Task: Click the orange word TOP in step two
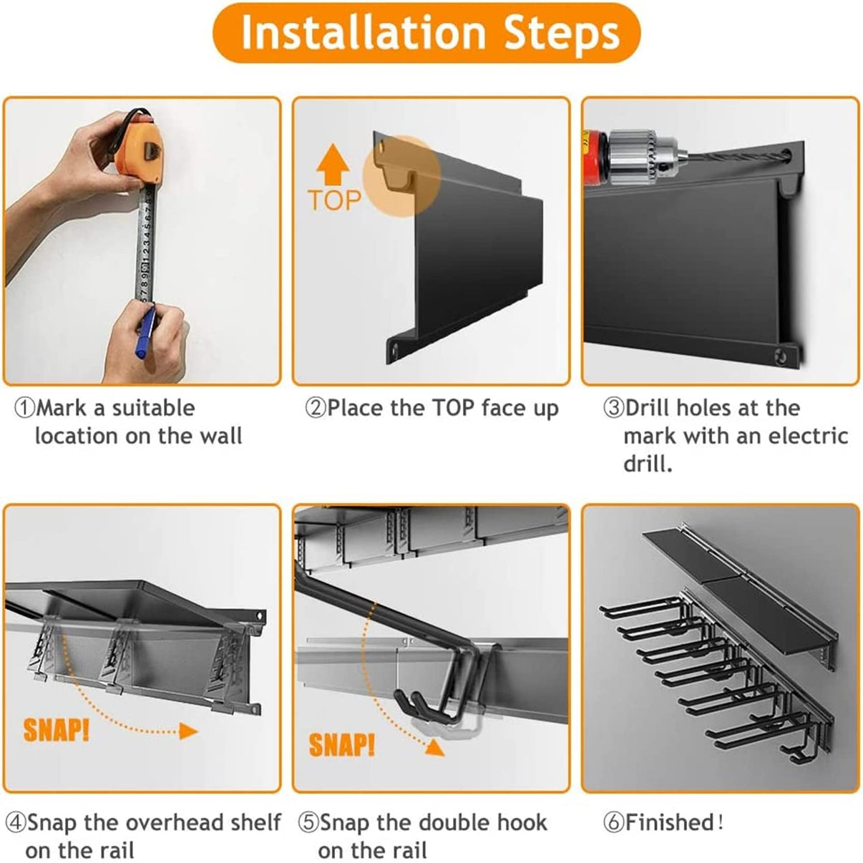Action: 333,200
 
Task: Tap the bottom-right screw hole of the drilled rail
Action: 781,355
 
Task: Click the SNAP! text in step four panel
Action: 56,731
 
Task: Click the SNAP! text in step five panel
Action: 341,746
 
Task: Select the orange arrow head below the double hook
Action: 433,748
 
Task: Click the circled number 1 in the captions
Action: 24,409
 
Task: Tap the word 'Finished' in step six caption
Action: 669,823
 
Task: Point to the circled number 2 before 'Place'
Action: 315,409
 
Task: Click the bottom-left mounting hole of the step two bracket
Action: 394,350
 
